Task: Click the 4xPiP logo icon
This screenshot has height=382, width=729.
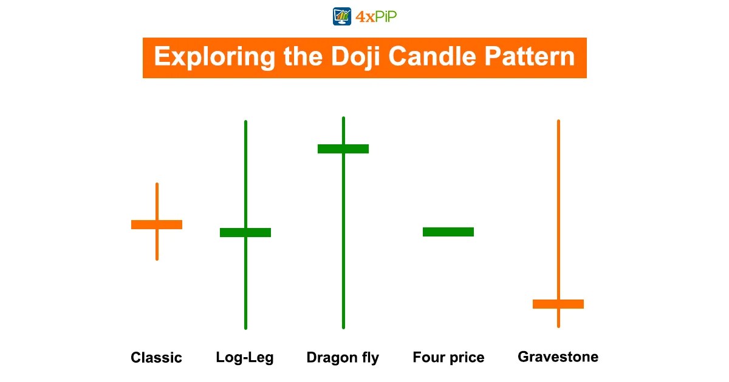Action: click(342, 16)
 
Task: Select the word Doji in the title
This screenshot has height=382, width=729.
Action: click(351, 57)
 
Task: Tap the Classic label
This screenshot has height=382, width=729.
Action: click(156, 358)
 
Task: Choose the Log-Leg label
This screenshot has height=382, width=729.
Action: click(245, 358)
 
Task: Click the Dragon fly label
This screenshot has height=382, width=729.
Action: click(343, 358)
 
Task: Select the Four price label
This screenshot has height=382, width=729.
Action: click(448, 358)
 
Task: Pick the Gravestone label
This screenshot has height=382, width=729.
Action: click(558, 357)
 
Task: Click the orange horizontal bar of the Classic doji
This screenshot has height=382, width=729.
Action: click(157, 224)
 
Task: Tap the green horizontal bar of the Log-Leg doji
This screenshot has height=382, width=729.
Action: click(245, 232)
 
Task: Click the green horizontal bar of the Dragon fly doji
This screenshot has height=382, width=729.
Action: click(343, 149)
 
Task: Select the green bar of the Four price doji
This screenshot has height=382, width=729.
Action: click(448, 232)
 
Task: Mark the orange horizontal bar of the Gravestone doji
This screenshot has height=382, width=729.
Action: click(558, 304)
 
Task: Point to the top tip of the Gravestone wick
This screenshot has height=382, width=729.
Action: click(558, 121)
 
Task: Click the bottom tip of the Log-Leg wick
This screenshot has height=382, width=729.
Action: click(245, 327)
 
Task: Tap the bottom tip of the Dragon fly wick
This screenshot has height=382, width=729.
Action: click(343, 327)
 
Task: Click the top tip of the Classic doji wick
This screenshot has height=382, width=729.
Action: click(157, 184)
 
